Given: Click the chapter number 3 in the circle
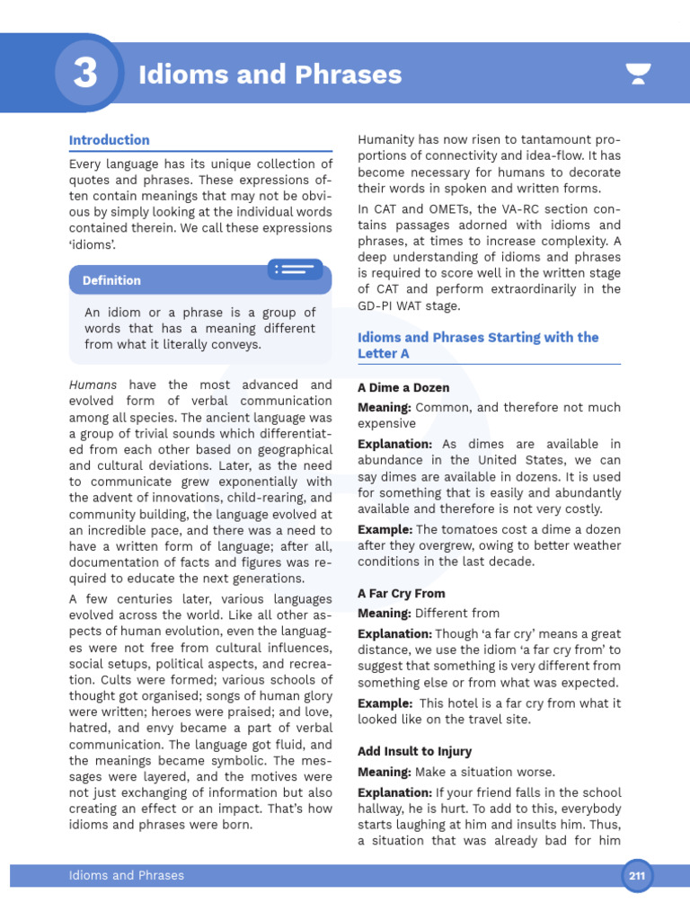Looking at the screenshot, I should point(85,74).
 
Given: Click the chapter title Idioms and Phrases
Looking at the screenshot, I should point(270,75).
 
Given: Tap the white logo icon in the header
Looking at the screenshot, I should point(639,75).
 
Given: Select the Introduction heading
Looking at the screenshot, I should point(109,140).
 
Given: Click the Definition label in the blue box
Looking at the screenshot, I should point(111,280).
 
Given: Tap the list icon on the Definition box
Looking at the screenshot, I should point(296,269).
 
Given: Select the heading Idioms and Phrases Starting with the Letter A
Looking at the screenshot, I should point(478,346).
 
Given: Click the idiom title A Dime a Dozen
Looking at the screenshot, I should point(403,388).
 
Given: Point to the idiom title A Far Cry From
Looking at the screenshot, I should point(401,594).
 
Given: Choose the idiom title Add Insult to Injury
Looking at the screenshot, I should point(414,751).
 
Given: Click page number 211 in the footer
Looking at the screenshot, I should point(638,876).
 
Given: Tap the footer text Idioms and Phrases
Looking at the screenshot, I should point(127,875).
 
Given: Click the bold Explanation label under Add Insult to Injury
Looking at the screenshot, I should point(394,792).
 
